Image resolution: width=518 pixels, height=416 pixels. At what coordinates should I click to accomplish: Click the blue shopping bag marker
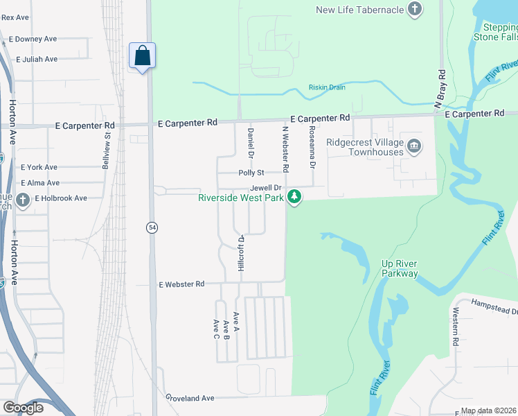tap(142, 55)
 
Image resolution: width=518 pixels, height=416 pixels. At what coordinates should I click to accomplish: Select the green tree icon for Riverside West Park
tap(295, 198)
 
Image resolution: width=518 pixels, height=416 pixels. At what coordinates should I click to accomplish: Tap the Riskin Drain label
tap(327, 87)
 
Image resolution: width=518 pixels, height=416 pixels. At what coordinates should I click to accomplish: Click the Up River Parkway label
tap(400, 268)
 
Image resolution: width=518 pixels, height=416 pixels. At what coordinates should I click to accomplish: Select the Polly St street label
tap(251, 173)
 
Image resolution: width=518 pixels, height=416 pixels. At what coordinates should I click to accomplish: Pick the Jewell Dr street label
tap(266, 188)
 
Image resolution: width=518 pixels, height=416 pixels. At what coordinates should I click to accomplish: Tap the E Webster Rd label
tap(181, 284)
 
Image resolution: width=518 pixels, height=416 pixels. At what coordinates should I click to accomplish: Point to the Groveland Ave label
tap(190, 398)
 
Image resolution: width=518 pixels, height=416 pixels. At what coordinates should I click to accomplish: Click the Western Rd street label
tap(456, 328)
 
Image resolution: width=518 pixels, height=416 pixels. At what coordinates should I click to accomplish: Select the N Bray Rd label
tap(439, 89)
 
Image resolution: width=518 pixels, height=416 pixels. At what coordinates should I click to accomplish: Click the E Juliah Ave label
tap(37, 60)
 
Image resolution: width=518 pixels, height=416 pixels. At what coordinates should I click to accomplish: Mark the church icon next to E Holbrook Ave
tap(23, 200)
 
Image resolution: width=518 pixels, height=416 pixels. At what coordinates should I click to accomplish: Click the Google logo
tap(23, 408)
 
